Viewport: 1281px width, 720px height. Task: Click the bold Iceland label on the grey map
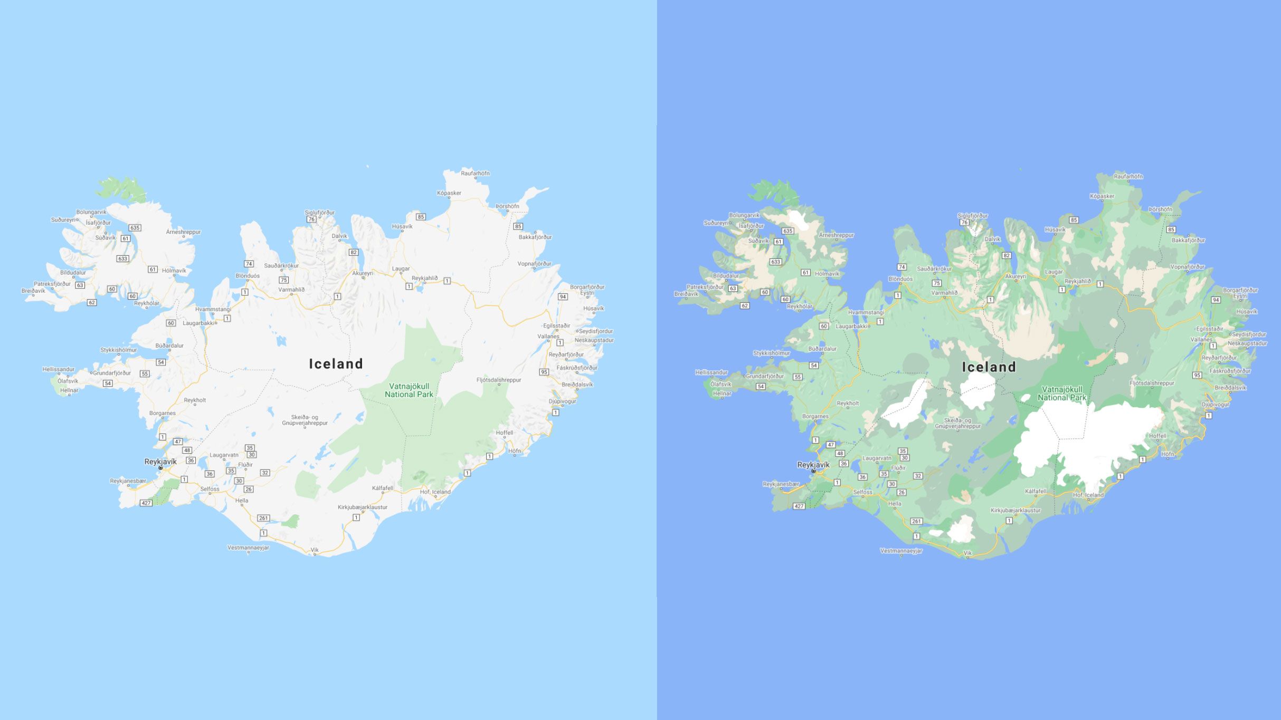(x=336, y=364)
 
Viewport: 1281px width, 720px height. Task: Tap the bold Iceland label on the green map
(x=989, y=367)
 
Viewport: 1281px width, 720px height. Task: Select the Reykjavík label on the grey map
(x=160, y=462)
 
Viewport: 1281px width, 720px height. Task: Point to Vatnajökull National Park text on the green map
(x=1062, y=393)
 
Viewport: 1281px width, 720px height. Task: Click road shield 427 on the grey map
(x=146, y=503)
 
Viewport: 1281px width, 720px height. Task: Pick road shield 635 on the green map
(x=787, y=231)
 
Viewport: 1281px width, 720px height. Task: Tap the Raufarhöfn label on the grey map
(x=475, y=173)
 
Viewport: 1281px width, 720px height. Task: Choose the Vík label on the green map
(x=967, y=553)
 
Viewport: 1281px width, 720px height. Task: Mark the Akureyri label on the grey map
(x=363, y=273)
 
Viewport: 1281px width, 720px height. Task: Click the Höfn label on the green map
(x=1168, y=454)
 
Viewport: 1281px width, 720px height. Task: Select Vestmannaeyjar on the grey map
(x=248, y=548)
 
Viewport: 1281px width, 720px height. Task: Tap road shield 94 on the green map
(x=1216, y=300)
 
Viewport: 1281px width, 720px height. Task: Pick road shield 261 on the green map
(x=916, y=521)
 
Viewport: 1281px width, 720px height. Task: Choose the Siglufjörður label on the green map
(x=972, y=216)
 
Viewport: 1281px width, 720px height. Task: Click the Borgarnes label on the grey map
(x=163, y=413)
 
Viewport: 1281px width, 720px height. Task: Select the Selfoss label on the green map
(x=863, y=492)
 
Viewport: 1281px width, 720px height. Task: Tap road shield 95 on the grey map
(x=544, y=372)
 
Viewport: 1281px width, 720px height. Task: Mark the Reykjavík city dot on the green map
(x=813, y=471)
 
